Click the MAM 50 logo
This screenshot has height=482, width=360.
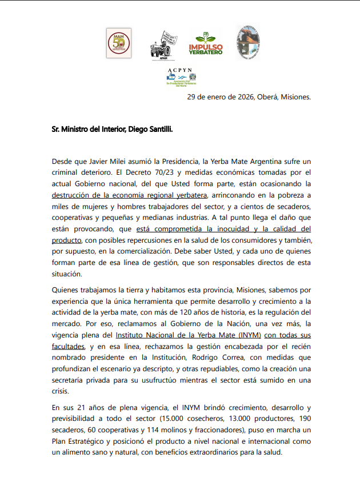coord(119,43)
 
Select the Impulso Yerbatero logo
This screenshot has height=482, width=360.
coord(206,44)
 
